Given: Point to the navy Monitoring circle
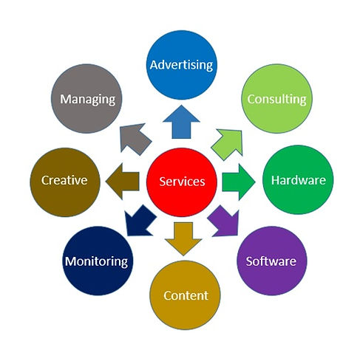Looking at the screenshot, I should [97, 261].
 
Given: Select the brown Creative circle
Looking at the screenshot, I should [64, 180].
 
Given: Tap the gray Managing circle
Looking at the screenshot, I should [88, 99].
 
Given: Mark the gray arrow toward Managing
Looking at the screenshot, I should [135, 137].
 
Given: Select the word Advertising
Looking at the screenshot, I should [181, 65].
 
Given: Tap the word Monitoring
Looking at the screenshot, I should [97, 261].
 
